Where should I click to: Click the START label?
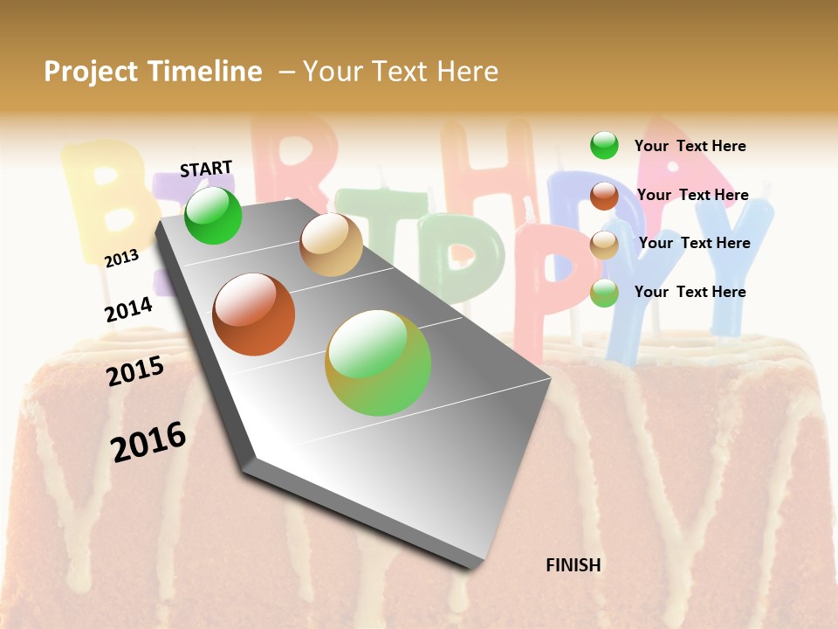tap(206, 169)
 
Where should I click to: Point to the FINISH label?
tap(574, 565)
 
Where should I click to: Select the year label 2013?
tap(121, 258)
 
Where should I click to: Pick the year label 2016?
tap(148, 441)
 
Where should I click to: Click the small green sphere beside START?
tap(213, 215)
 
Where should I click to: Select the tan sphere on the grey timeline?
tap(331, 245)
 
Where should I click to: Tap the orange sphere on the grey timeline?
tap(254, 314)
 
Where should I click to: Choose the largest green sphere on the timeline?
tap(378, 363)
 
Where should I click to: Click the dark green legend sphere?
tap(604, 145)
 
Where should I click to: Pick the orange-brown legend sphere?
tap(604, 196)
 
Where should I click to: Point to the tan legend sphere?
tap(604, 245)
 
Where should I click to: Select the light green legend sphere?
tap(604, 293)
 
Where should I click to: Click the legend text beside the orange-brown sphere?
tap(692, 195)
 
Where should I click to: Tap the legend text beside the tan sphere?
tap(694, 243)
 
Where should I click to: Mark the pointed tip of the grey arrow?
tap(476, 566)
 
